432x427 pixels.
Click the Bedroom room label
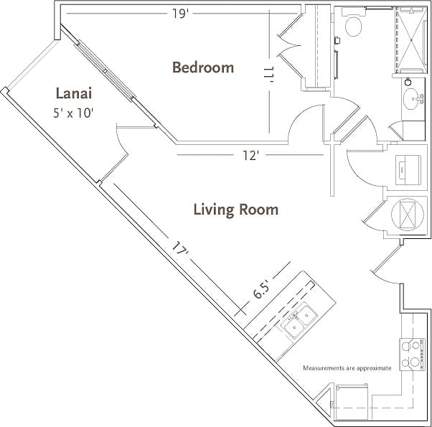pos(203,67)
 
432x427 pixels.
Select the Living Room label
pos(235,210)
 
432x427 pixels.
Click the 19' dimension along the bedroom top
pos(180,13)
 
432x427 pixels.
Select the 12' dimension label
pos(249,155)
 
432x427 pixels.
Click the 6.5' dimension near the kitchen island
pos(261,289)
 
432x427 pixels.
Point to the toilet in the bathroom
pos(353,25)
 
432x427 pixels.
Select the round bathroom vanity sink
pos(414,99)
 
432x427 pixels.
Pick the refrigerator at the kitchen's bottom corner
pos(352,399)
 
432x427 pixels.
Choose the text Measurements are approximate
pos(347,368)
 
